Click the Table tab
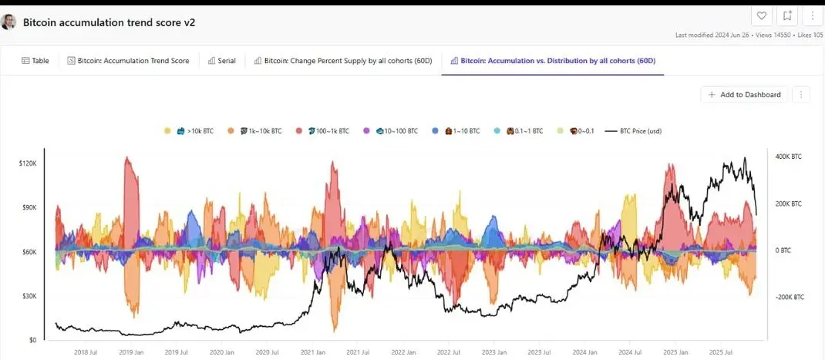(35, 60)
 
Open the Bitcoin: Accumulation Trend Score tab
(128, 60)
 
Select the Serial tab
(222, 60)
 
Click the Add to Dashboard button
(744, 95)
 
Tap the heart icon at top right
(761, 15)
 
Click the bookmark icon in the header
(787, 15)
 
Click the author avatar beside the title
(9, 22)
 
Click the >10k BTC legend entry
(190, 131)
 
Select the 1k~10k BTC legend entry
(254, 131)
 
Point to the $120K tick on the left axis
(28, 163)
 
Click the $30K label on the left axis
(29, 296)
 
